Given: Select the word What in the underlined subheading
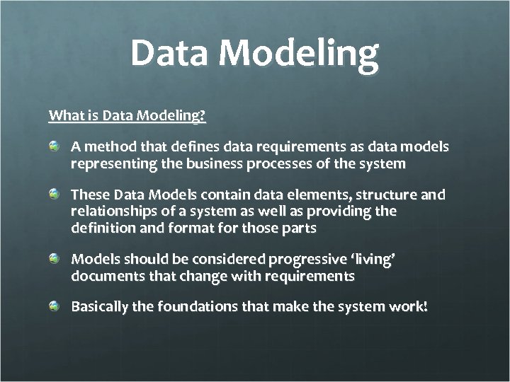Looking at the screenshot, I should point(64,115).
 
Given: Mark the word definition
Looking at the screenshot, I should point(100,228).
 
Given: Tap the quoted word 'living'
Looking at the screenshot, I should point(373,260).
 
